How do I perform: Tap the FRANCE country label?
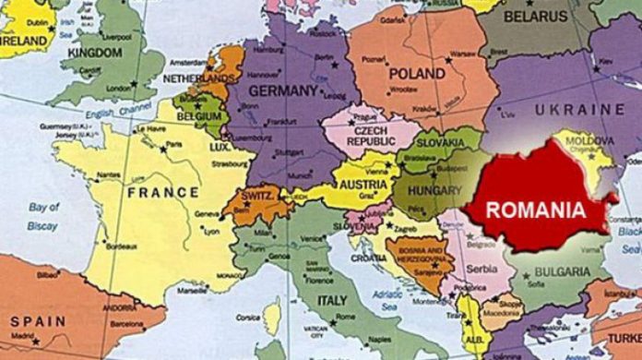point(162,192)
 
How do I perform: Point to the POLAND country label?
point(417,73)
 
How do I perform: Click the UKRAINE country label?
point(579,110)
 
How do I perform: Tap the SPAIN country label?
point(38,322)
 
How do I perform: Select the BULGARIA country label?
point(562,272)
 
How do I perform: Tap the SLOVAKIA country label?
point(439,143)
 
